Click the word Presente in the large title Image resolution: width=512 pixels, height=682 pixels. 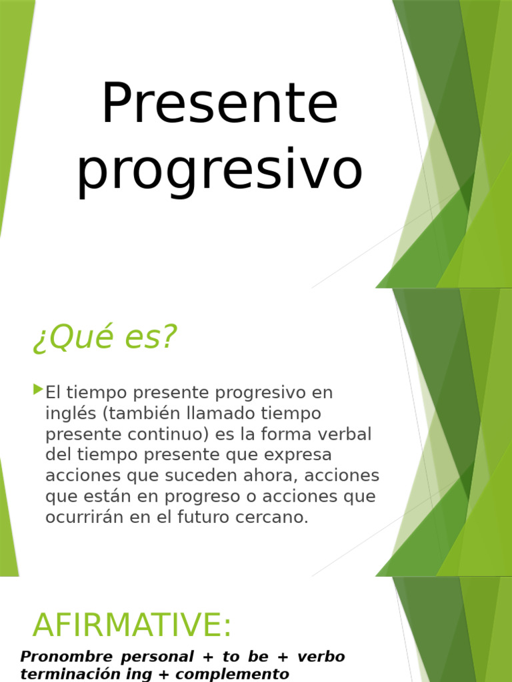(219, 104)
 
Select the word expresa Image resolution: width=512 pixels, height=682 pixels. (300, 456)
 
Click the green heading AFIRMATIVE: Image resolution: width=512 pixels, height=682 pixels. (132, 625)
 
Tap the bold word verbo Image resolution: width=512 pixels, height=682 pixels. (321, 657)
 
